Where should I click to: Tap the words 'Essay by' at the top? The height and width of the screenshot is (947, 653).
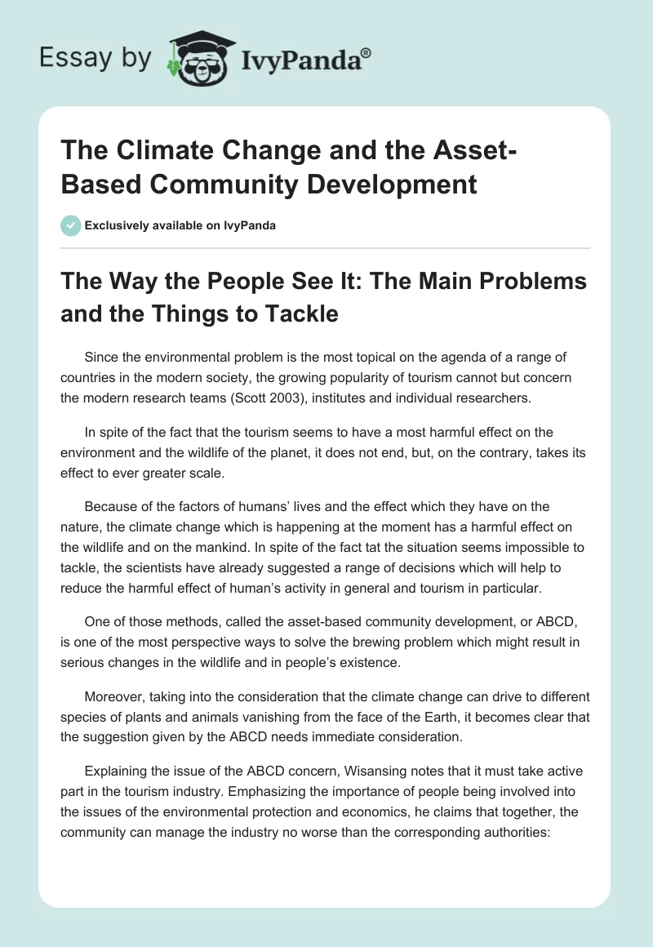pos(96,58)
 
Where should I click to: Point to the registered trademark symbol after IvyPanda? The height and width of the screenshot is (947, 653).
pos(367,52)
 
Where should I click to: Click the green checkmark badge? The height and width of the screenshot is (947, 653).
pos(71,225)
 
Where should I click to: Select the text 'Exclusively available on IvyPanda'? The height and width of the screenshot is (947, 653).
pos(180,225)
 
